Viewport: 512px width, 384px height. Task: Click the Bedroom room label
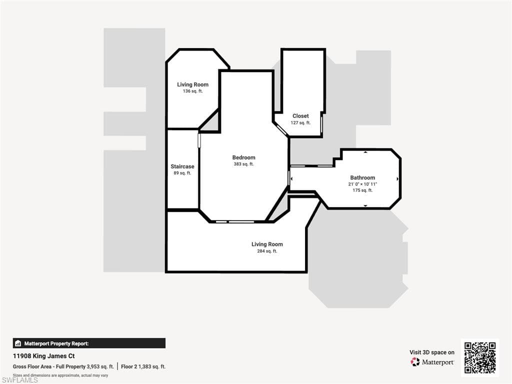click(x=243, y=157)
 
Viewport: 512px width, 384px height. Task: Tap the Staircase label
click(x=182, y=166)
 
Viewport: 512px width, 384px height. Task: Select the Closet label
click(x=300, y=116)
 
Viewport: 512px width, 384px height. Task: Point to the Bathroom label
click(x=362, y=177)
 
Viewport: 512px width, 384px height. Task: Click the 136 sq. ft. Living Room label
click(x=192, y=84)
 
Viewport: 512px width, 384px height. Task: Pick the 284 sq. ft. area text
click(x=267, y=251)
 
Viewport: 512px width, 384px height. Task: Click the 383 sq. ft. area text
click(x=243, y=164)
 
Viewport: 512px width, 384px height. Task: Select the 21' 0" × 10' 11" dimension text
click(x=362, y=184)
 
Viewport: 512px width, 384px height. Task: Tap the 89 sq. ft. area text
click(x=182, y=173)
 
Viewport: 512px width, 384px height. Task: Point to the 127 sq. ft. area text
click(x=300, y=122)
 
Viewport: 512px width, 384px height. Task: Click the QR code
click(x=480, y=357)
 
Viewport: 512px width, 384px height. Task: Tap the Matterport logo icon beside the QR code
click(x=415, y=362)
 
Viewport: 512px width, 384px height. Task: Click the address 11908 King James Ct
click(x=43, y=356)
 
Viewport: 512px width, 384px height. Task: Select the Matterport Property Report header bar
click(x=89, y=343)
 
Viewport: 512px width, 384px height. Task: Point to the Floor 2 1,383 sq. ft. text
click(x=143, y=366)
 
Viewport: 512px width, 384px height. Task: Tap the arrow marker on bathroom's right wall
click(x=398, y=178)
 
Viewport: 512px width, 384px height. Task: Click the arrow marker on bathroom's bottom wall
click(x=365, y=205)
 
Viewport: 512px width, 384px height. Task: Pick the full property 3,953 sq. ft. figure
click(x=100, y=366)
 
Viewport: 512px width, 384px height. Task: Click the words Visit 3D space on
click(x=432, y=352)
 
